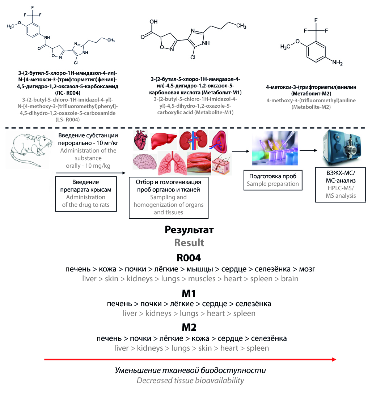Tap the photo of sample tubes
pos(275,148)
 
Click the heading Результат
pos(189,230)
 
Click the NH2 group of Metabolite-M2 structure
pos(337,63)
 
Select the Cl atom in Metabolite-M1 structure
pos(193,57)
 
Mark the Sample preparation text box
pos(273,180)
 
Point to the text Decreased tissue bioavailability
pos(190,381)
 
